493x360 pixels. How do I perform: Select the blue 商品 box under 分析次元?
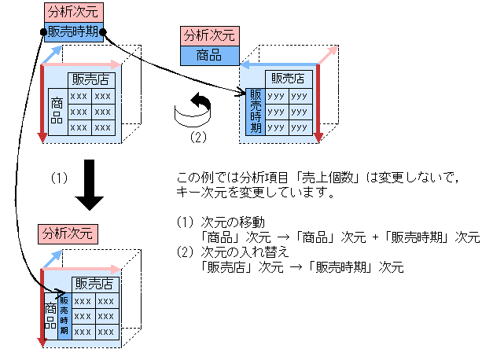208,56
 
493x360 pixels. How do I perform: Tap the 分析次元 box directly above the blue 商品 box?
208,37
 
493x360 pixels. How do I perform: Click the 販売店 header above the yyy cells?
289,78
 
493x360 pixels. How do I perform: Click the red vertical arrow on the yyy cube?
318,102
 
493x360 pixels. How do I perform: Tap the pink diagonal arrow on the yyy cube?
328,55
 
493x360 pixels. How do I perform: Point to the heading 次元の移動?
229,222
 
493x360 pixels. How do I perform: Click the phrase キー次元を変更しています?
244,191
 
